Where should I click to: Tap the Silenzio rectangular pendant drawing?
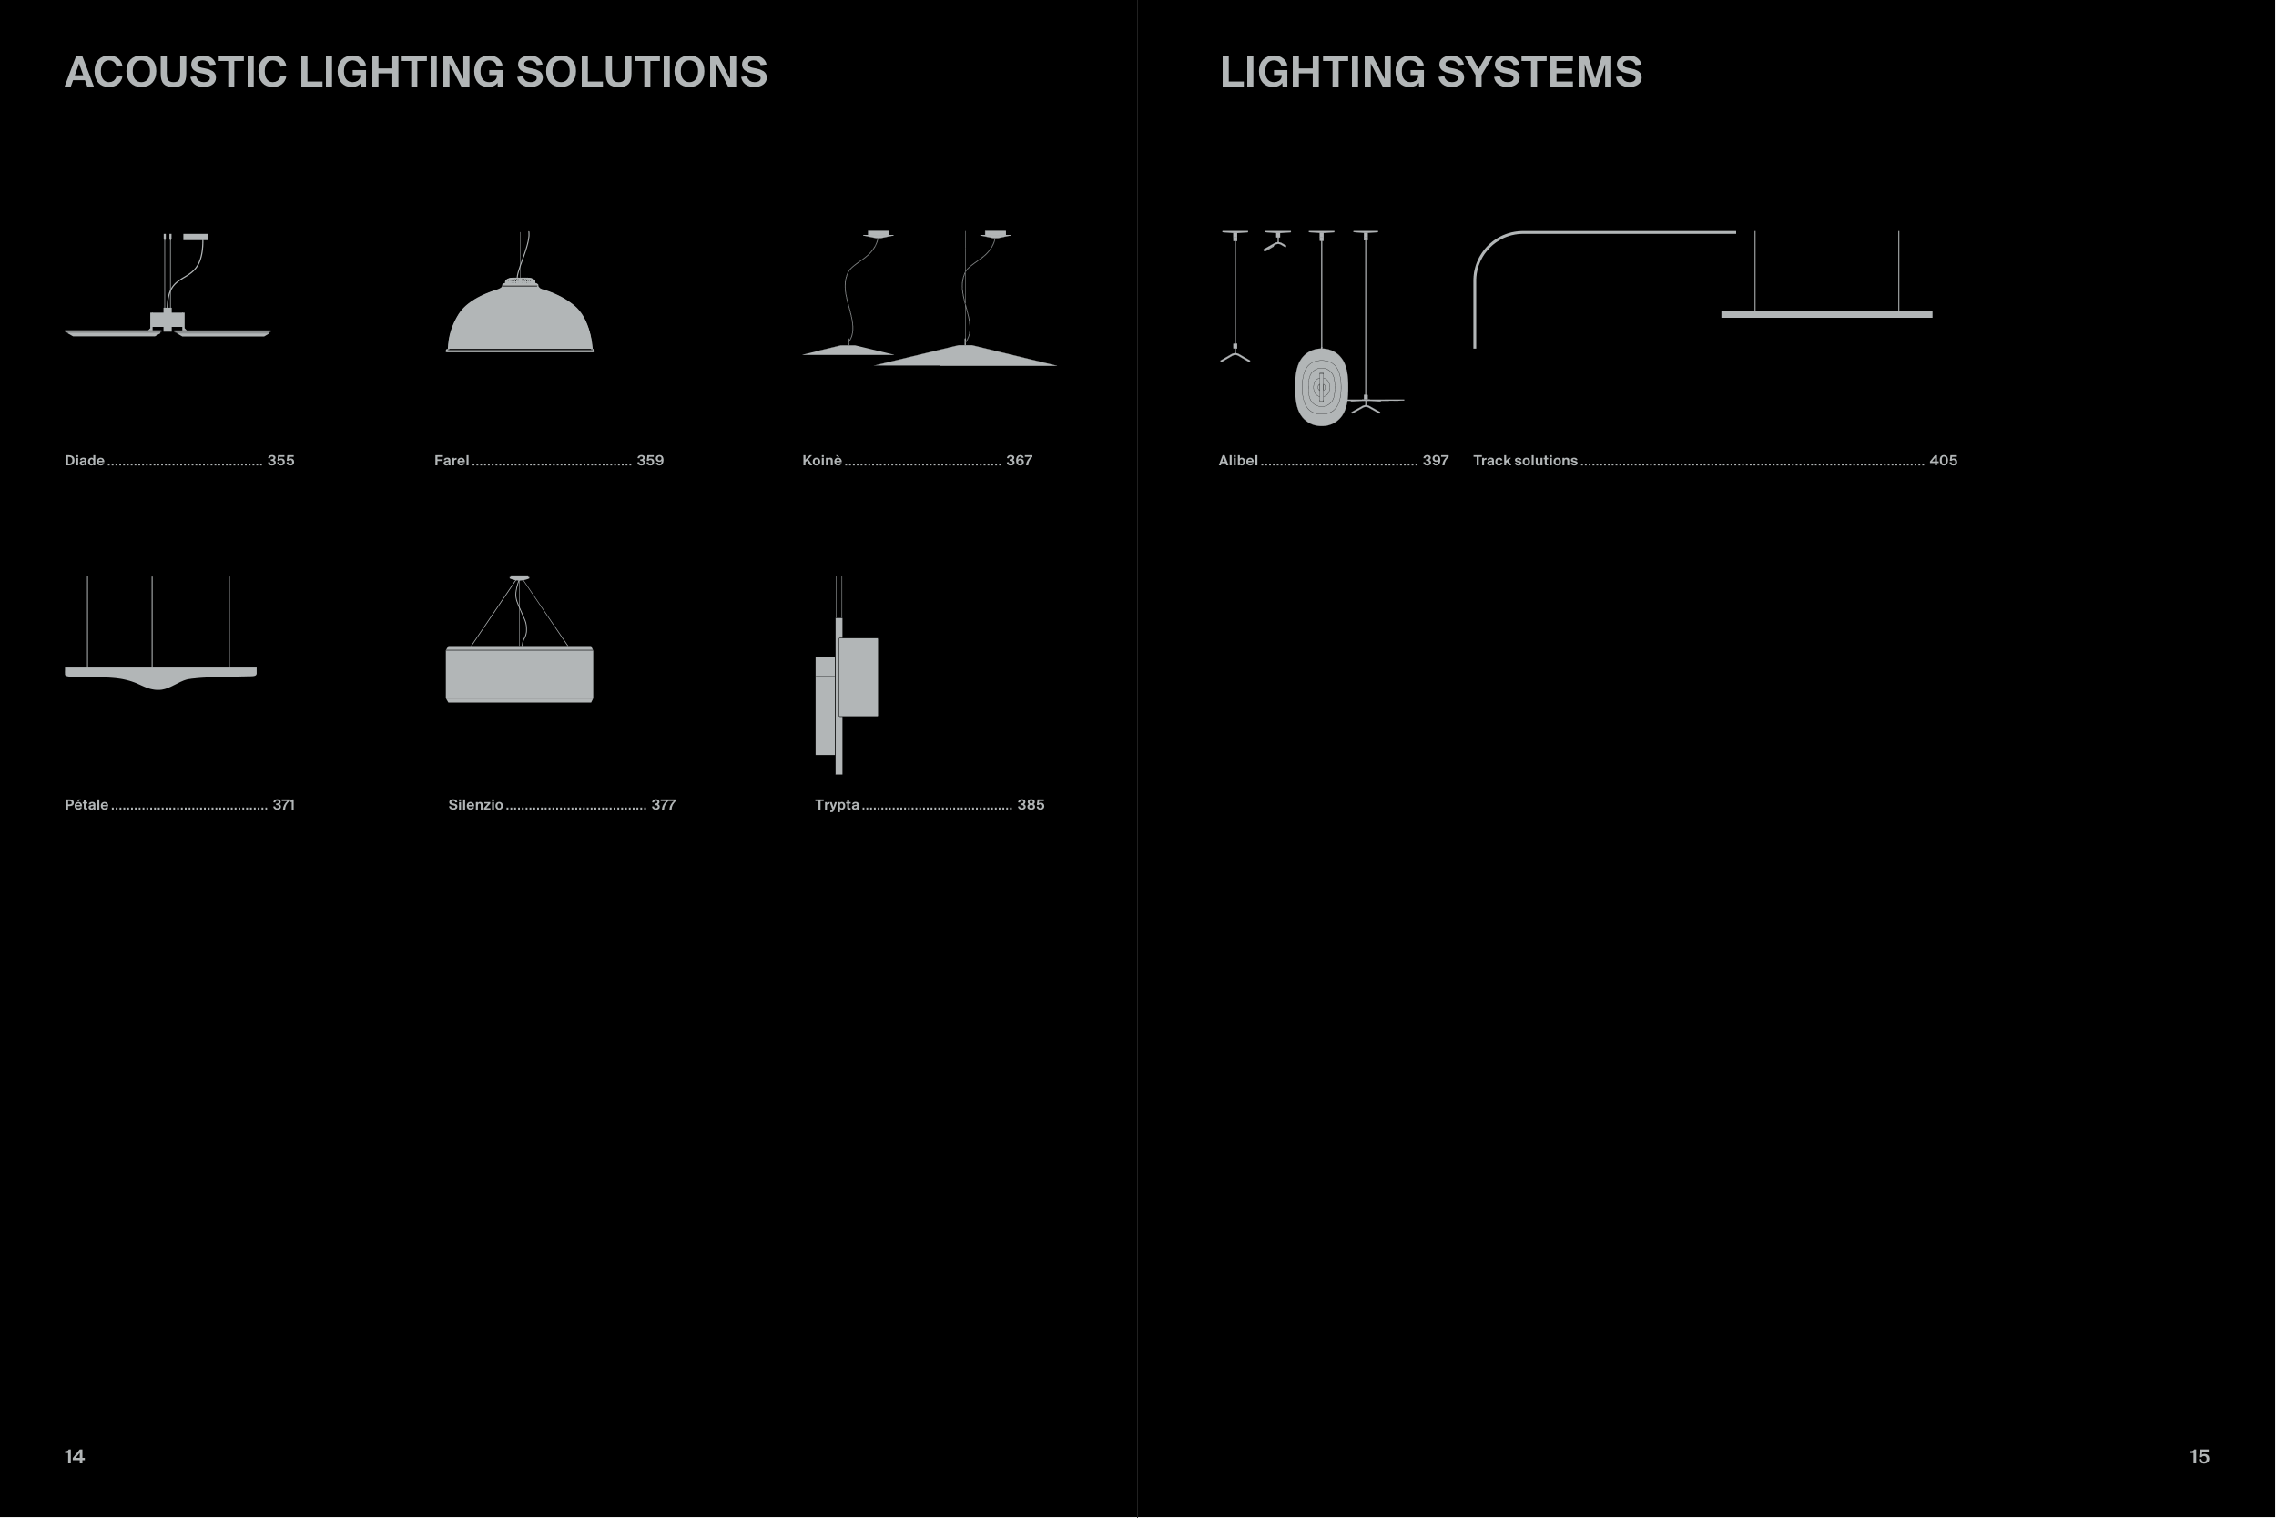click(520, 673)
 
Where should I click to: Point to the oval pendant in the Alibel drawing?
click(1321, 387)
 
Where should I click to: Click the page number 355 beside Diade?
click(280, 461)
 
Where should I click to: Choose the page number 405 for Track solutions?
click(1943, 461)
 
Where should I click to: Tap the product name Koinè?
click(821, 461)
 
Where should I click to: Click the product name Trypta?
click(837, 804)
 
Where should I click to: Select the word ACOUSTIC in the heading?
click(175, 73)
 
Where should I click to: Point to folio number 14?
click(75, 1456)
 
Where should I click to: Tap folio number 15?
click(2199, 1456)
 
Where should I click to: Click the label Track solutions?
click(1525, 461)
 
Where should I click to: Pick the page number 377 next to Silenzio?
click(663, 804)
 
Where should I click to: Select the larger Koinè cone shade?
click(966, 356)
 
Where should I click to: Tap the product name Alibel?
click(1237, 461)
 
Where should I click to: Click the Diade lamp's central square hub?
click(168, 321)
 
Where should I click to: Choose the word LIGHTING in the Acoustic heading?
click(401, 73)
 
